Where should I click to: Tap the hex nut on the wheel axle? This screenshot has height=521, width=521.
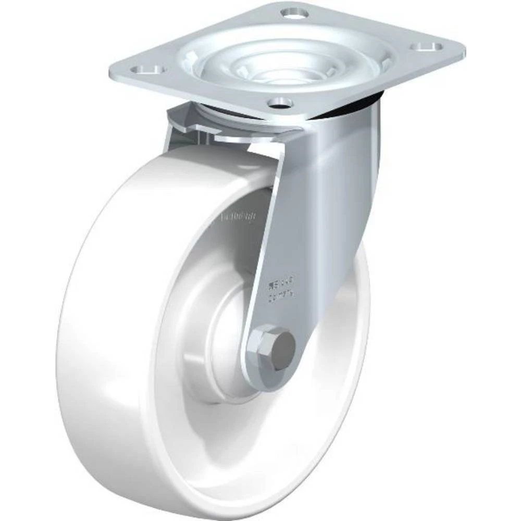260,343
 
